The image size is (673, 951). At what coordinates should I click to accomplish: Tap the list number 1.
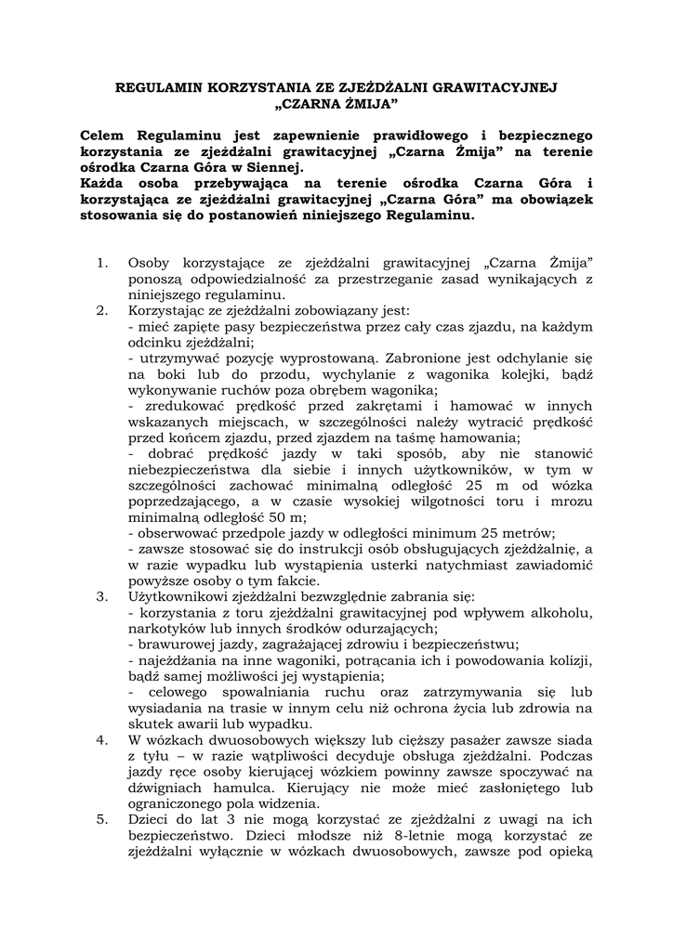[x=102, y=264]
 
